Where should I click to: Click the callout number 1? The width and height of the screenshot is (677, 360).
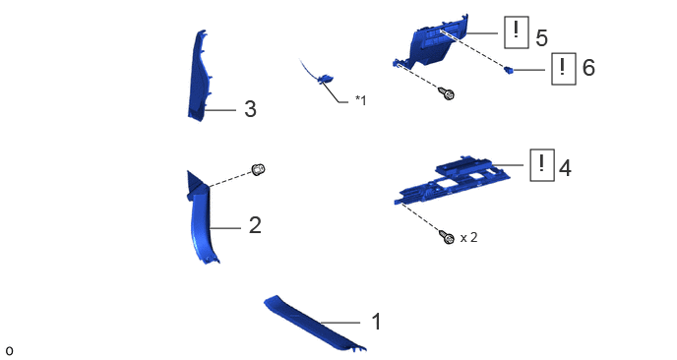click(x=377, y=322)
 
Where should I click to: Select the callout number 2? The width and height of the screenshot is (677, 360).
click(x=255, y=225)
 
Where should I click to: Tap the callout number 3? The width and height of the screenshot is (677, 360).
click(x=250, y=109)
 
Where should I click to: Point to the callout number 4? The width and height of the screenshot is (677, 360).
click(x=565, y=167)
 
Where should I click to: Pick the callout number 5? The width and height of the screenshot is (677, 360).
click(x=542, y=38)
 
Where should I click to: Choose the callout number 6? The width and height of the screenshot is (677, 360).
click(x=588, y=68)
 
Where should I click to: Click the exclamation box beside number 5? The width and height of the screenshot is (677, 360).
click(x=517, y=32)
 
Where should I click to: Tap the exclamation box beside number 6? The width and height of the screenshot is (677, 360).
click(x=564, y=69)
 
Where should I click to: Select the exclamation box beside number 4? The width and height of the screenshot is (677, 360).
click(x=542, y=165)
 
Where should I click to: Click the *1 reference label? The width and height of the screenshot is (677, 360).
click(x=360, y=100)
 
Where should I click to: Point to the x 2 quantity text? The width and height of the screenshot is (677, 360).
click(x=469, y=237)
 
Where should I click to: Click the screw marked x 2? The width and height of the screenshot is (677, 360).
click(x=447, y=237)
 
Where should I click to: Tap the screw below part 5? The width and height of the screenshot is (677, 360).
click(x=447, y=93)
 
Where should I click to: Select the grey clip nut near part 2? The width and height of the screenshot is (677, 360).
click(x=258, y=169)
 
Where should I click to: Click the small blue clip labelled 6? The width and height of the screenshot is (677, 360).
click(x=509, y=70)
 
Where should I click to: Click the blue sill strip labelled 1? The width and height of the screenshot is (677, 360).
click(x=315, y=323)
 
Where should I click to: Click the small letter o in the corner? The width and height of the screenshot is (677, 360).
click(x=9, y=351)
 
